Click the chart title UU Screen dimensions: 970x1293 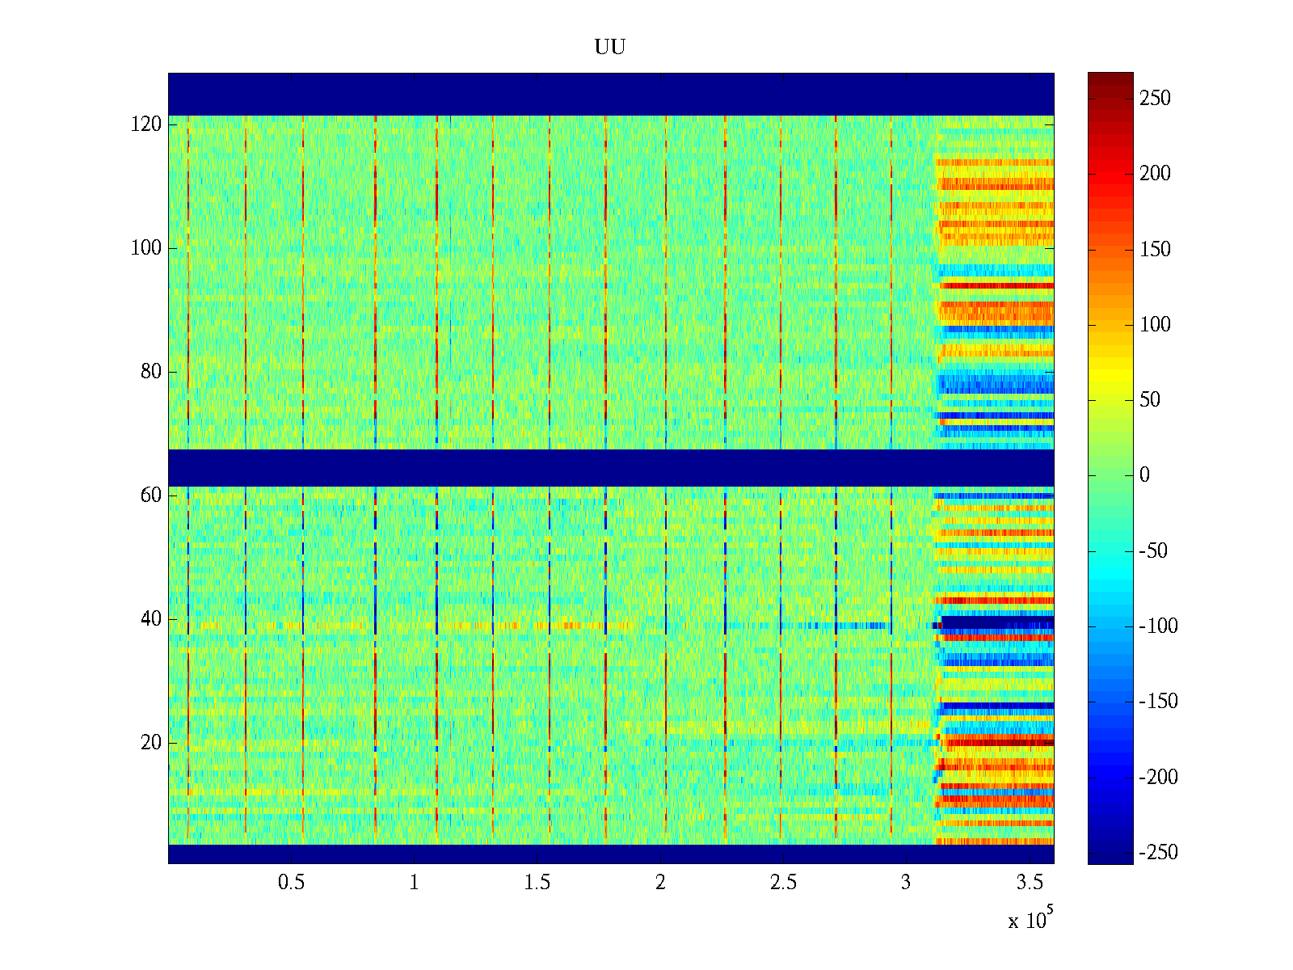pos(610,48)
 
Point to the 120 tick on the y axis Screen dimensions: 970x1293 pos(146,124)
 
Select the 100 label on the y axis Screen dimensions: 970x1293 pos(146,248)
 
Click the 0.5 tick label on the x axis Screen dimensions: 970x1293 pos(291,883)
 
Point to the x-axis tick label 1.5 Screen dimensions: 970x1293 pos(537,883)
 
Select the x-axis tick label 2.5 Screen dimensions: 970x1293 pos(783,883)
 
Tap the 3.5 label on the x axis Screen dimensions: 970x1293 pos(1030,883)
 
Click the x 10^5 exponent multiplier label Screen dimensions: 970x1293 pos(1030,920)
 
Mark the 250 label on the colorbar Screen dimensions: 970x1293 pos(1155,99)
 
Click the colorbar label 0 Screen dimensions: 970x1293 pos(1144,475)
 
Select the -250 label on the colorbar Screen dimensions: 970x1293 pos(1158,853)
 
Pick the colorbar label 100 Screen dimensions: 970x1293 pos(1155,325)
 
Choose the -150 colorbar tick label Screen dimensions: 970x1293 pos(1158,702)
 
